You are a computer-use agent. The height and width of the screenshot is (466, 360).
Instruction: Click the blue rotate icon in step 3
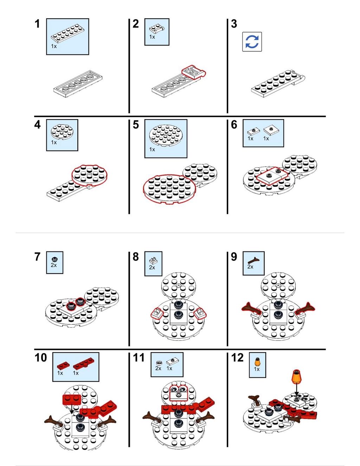[x=252, y=42]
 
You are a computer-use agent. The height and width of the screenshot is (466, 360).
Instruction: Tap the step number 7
[x=37, y=257]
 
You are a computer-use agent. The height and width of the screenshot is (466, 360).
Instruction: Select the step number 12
[x=237, y=357]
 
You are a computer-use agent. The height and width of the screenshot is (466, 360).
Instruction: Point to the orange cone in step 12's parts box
[x=257, y=362]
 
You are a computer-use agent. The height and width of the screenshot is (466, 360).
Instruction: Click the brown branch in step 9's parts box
[x=253, y=260]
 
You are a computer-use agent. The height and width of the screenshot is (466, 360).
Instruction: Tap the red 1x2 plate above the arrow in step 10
[x=72, y=399]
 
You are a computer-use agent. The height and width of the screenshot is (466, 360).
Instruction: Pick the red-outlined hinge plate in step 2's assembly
[x=194, y=72]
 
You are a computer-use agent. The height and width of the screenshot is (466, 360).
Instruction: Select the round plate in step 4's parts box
[x=62, y=132]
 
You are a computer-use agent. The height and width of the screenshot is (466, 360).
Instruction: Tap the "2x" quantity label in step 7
[x=54, y=265]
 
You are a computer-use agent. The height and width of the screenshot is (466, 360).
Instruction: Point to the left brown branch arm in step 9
[x=251, y=308]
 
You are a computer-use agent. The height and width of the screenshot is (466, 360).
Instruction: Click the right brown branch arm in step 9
[x=305, y=308]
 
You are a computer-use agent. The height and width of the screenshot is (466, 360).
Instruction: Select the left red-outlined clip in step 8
[x=157, y=313]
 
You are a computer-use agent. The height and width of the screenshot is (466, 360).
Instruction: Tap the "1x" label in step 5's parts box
[x=152, y=149]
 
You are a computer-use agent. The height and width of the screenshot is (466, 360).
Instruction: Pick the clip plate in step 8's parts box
[x=152, y=261]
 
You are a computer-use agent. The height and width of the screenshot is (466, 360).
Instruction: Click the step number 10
[x=40, y=357]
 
